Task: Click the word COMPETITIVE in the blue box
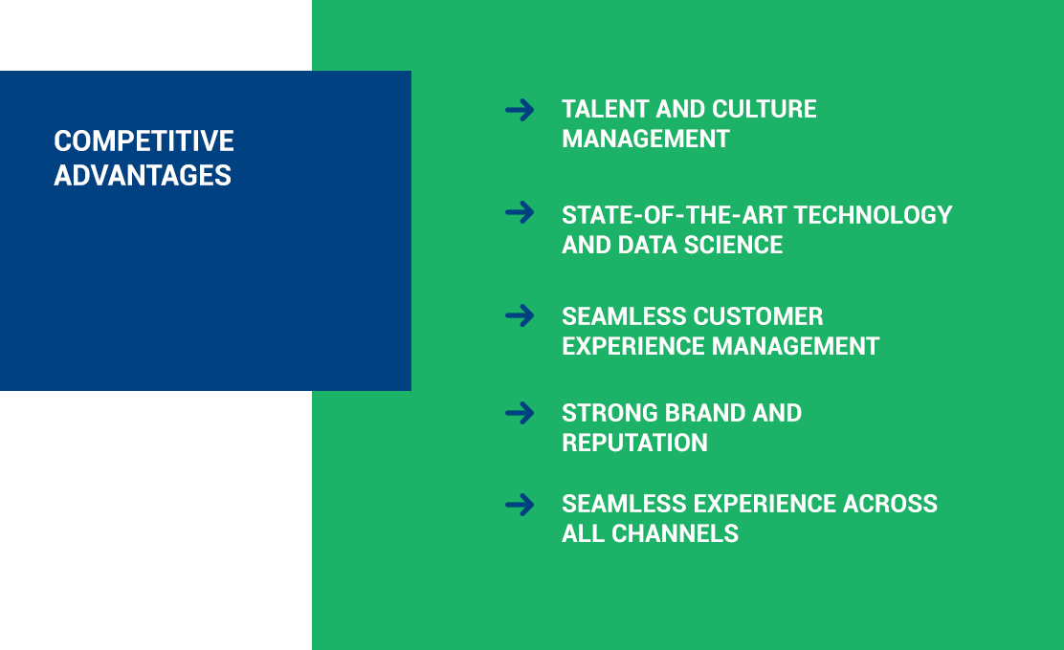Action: pyautogui.click(x=144, y=141)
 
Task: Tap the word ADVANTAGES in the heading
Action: pyautogui.click(x=143, y=176)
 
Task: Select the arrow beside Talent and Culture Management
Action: pyautogui.click(x=520, y=110)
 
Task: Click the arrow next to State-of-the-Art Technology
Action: pyautogui.click(x=520, y=213)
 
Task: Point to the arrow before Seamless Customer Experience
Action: pyautogui.click(x=520, y=315)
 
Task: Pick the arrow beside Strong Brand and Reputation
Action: pyautogui.click(x=520, y=414)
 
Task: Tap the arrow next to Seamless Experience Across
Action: pyautogui.click(x=520, y=505)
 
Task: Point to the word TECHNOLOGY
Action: pyautogui.click(x=873, y=215)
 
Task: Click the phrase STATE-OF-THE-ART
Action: pyautogui.click(x=674, y=215)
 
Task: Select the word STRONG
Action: pyautogui.click(x=610, y=413)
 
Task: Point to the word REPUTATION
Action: pyautogui.click(x=634, y=443)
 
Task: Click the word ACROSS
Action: pyautogui.click(x=890, y=504)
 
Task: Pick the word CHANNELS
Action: pyautogui.click(x=675, y=533)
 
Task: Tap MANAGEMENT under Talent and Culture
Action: pyautogui.click(x=645, y=139)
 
